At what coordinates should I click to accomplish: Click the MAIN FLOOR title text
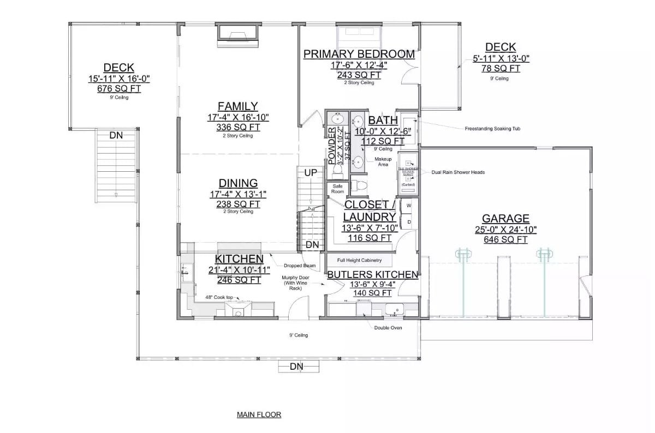click(x=259, y=414)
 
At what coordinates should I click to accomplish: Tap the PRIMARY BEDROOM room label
click(x=359, y=54)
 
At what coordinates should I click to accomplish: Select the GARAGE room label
click(x=505, y=219)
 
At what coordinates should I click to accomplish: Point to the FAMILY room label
click(x=237, y=106)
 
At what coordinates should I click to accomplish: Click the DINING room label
click(x=238, y=183)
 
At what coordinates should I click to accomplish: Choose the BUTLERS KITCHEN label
click(x=372, y=274)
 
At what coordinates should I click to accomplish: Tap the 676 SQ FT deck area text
click(x=119, y=88)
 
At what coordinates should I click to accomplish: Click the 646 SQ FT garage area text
click(x=505, y=239)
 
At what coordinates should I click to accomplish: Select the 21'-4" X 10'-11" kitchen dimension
click(x=239, y=269)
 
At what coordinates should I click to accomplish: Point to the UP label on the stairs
click(x=310, y=172)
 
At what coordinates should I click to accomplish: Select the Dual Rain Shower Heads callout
click(x=457, y=172)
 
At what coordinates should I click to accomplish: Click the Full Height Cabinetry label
click(x=359, y=260)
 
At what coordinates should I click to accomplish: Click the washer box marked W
click(x=409, y=206)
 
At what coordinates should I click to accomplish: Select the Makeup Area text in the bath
click(x=383, y=161)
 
